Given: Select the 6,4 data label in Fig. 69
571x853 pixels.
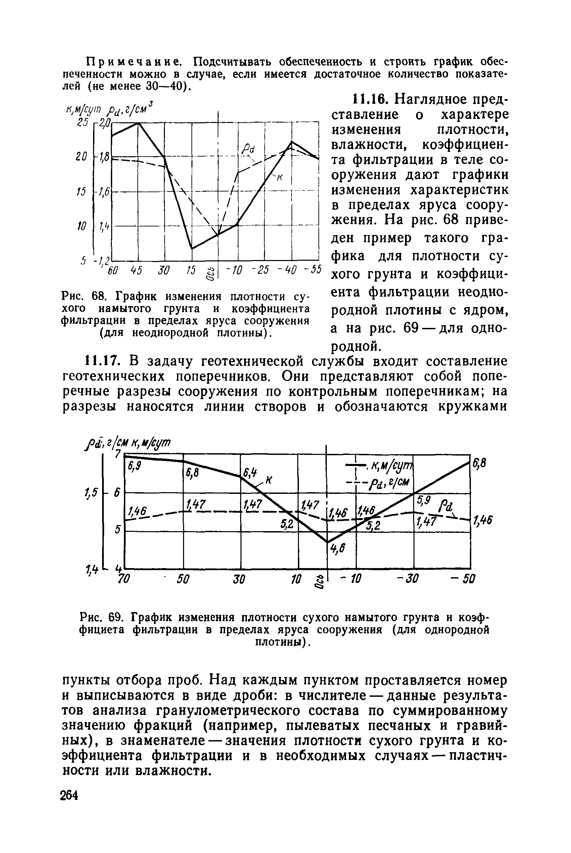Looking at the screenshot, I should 249,473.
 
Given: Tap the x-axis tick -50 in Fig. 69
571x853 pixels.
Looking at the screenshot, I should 462,579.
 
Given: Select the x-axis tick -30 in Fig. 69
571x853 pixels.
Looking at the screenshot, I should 407,579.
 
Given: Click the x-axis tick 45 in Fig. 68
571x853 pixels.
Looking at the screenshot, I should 136,270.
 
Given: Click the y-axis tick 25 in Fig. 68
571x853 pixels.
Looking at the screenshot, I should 83,123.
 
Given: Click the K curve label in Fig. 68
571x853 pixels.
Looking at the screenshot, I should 280,178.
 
